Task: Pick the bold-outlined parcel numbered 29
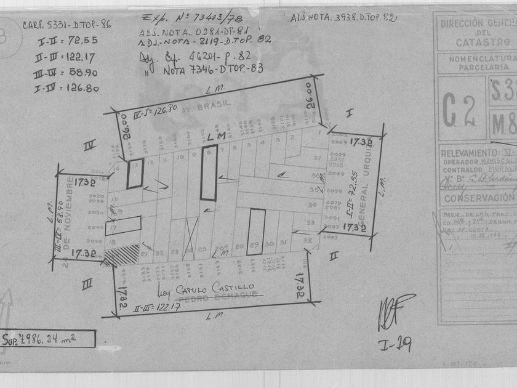tap(256, 232)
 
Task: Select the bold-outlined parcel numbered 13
tap(135, 174)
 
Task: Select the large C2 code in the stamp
tap(460, 110)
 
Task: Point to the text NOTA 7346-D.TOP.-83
tap(213, 69)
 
